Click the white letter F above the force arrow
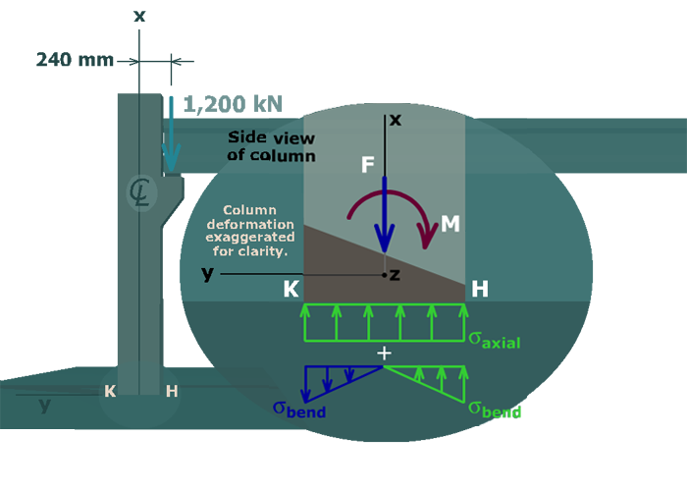(x=368, y=164)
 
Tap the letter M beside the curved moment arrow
(x=450, y=224)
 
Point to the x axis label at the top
(x=396, y=120)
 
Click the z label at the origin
(x=395, y=275)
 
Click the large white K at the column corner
(x=291, y=290)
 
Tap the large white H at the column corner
(x=480, y=290)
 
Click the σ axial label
(x=493, y=341)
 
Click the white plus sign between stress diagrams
(x=385, y=353)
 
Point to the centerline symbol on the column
(x=139, y=193)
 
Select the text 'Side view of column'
(x=270, y=146)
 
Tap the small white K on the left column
(x=110, y=391)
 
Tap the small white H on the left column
(x=172, y=391)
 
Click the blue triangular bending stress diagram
(x=334, y=379)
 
